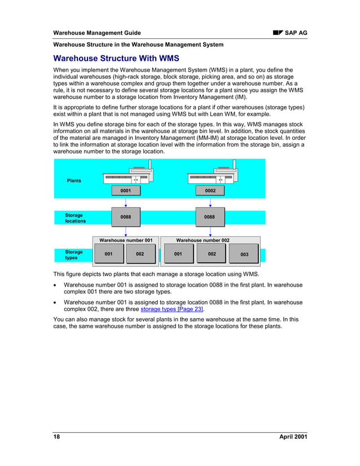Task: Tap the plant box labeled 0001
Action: click(x=126, y=191)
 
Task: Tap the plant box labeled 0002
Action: click(x=210, y=191)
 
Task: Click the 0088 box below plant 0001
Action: click(x=126, y=217)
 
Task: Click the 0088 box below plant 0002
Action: click(x=210, y=217)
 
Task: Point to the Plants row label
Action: click(x=74, y=181)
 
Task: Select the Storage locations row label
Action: click(x=75, y=218)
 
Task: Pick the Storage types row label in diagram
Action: click(x=74, y=255)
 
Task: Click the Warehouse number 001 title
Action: click(x=126, y=240)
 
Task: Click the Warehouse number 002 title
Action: click(x=203, y=240)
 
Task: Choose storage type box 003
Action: click(x=244, y=254)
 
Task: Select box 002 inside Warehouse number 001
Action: click(x=140, y=254)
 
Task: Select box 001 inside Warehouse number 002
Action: click(x=178, y=254)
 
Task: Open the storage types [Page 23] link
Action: click(x=172, y=309)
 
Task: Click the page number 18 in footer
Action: click(x=56, y=437)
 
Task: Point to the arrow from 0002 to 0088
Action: click(x=210, y=202)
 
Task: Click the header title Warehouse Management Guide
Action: click(x=96, y=33)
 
